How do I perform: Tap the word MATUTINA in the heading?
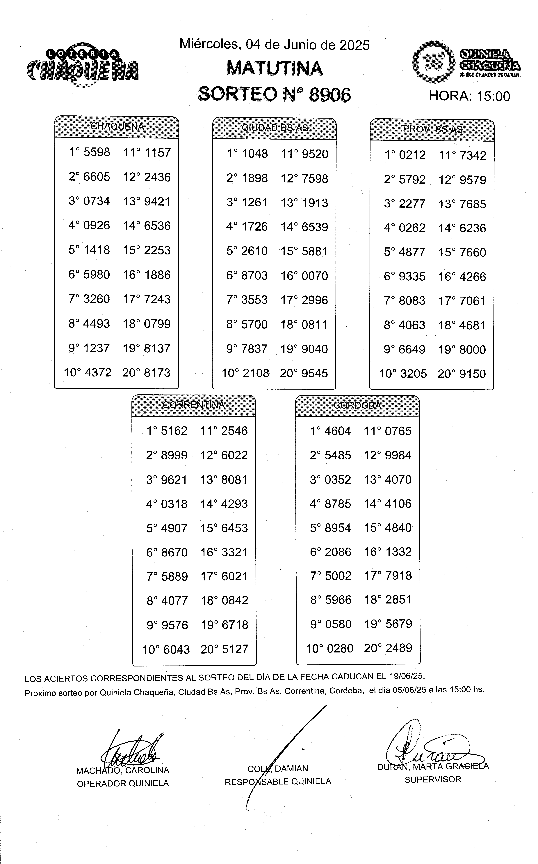click(x=274, y=68)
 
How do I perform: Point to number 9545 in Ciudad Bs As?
click(x=314, y=373)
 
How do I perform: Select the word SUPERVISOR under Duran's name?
click(x=433, y=780)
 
